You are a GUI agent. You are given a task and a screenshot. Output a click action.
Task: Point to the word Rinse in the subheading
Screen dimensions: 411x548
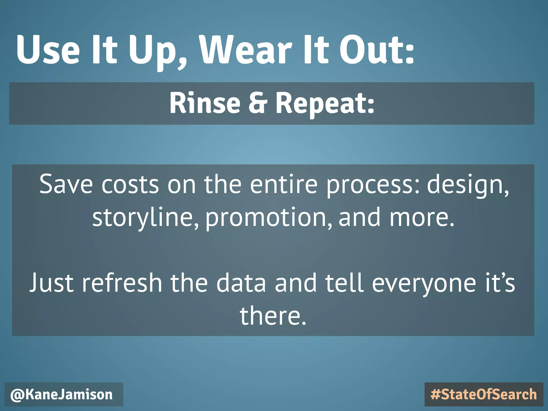(x=205, y=103)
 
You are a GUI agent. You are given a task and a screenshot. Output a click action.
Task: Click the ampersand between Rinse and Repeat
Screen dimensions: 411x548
(x=258, y=103)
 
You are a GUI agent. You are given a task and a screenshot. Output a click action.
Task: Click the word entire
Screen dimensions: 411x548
(x=284, y=185)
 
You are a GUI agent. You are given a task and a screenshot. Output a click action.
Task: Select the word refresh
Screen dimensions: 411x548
(x=122, y=283)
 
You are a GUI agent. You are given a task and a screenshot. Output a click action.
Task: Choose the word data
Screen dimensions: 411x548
(x=241, y=283)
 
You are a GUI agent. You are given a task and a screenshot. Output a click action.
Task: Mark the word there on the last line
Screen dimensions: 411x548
(x=273, y=316)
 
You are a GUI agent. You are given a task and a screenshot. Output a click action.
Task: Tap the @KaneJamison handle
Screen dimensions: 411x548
(x=62, y=395)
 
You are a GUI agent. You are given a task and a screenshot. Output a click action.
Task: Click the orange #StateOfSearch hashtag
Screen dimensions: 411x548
(x=484, y=395)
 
